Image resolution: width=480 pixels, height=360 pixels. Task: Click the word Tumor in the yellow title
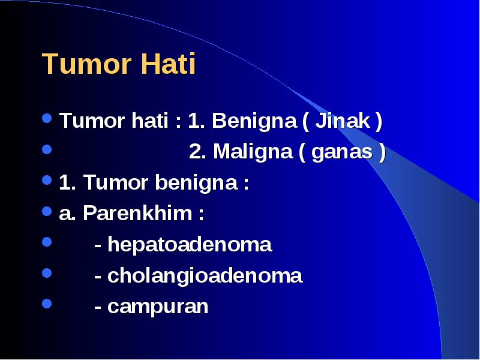click(86, 64)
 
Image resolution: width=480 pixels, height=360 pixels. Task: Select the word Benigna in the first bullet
click(254, 121)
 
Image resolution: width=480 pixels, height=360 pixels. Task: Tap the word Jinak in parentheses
click(342, 121)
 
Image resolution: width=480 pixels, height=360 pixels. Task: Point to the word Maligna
click(253, 152)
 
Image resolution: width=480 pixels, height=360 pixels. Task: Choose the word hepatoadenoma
click(190, 245)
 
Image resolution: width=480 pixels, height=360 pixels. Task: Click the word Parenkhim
click(137, 213)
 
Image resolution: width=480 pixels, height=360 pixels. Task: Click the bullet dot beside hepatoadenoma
click(47, 242)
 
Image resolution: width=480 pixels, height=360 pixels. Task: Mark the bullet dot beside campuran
click(47, 304)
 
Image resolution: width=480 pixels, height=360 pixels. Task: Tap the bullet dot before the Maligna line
click(47, 149)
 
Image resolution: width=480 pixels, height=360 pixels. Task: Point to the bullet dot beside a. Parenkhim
click(47, 211)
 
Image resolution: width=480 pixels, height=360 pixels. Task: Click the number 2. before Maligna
click(197, 152)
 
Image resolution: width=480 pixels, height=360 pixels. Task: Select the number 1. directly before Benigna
click(196, 121)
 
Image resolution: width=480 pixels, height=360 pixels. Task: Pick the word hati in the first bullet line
click(150, 121)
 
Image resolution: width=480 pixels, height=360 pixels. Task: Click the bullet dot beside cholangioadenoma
click(47, 273)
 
